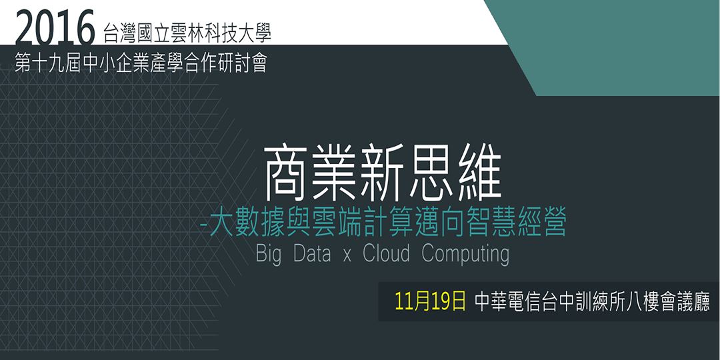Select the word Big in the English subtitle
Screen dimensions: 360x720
269,255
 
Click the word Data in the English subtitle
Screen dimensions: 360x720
311,254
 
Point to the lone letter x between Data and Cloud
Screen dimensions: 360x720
347,256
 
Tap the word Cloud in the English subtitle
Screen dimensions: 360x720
386,254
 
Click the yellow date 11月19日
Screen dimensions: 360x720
429,301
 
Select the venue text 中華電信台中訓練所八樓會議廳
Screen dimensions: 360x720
592,301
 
